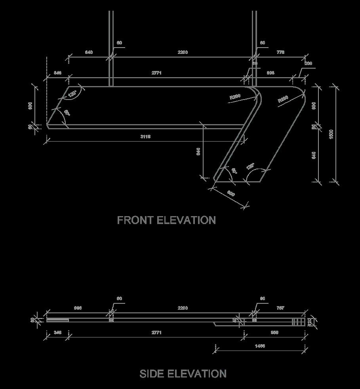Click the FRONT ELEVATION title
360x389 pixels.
pos(166,220)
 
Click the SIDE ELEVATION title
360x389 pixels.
pos(183,374)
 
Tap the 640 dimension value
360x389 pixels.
pos(89,52)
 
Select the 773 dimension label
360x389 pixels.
pos(280,52)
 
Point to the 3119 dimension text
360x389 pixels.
pos(145,136)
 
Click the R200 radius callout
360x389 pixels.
pos(235,96)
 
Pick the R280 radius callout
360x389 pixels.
pos(283,99)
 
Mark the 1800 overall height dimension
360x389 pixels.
pos(331,134)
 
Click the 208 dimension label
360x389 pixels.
pos(308,63)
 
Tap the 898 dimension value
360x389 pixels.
pos(270,73)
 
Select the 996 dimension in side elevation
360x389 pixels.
pos(78,308)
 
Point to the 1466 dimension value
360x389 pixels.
pos(260,346)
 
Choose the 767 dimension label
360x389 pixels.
pos(280,308)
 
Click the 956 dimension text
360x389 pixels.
pos(274,332)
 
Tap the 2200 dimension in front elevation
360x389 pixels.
pos(183,52)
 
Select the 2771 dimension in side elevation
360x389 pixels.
pos(156,333)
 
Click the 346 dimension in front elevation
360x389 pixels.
pos(57,73)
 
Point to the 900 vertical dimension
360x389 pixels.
pos(314,105)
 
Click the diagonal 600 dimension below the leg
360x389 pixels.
pos(231,194)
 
